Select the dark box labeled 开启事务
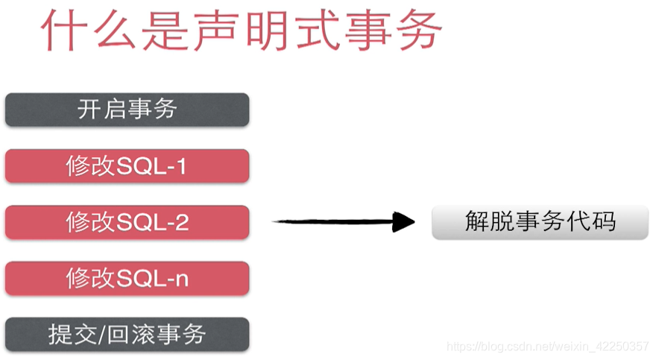(127, 110)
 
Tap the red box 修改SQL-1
(127, 165)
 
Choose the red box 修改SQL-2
(127, 222)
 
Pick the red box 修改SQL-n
(127, 278)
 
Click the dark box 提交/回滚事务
(127, 335)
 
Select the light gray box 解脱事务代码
(540, 221)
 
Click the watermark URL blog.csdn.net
(547, 347)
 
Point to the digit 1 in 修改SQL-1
(180, 166)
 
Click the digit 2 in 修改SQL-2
(181, 222)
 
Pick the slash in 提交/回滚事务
(104, 335)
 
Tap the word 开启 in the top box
(101, 110)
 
